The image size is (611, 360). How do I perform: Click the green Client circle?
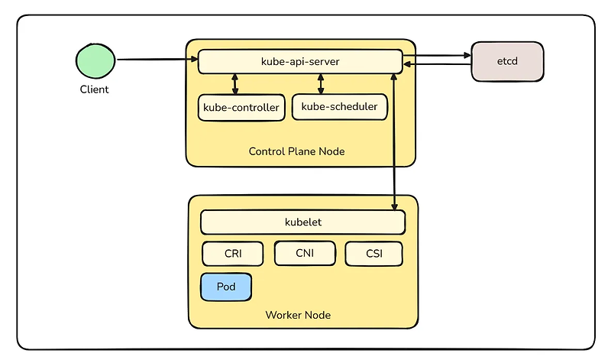pos(94,61)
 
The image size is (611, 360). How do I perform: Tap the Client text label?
pos(95,89)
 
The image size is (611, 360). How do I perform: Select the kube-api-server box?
pos(300,61)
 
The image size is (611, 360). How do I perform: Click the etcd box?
pos(507,61)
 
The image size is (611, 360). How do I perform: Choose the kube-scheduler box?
pos(339,107)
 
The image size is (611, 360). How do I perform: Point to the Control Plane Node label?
pos(296,151)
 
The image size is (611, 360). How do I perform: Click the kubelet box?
pos(302,222)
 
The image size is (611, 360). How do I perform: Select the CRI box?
pos(232,254)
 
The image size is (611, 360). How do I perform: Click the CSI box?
pos(373,254)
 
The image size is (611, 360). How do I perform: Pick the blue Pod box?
pos(226,287)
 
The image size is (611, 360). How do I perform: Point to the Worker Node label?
pos(298,315)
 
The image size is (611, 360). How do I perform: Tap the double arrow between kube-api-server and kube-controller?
pos(234,84)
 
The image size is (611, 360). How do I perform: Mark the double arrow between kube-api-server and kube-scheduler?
pos(321,84)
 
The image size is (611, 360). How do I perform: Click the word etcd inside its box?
pos(507,61)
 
